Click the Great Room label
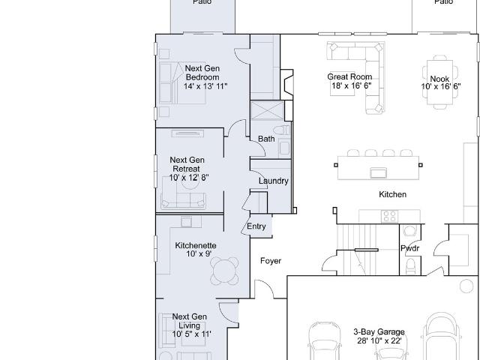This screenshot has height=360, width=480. click(349, 76)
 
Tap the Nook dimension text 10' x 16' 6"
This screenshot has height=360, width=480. click(441, 87)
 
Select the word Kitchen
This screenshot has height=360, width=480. click(392, 194)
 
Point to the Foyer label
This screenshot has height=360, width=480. click(271, 261)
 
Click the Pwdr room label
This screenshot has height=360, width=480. click(410, 248)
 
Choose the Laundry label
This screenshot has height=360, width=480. click(273, 181)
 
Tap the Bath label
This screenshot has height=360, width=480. click(266, 139)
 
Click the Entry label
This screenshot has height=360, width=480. click(256, 226)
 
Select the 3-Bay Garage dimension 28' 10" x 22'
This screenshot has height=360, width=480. click(379, 340)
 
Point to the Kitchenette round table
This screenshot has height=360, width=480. click(225, 271)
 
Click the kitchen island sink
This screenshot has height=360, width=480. click(378, 172)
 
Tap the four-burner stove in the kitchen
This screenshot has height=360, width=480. click(390, 216)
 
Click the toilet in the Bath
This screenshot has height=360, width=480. click(281, 130)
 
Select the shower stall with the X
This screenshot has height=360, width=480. click(267, 110)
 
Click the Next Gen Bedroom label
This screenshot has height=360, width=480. click(202, 73)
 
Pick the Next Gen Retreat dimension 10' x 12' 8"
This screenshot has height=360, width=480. click(189, 178)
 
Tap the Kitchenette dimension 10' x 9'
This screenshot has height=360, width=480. click(199, 253)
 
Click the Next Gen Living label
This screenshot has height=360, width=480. click(190, 321)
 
